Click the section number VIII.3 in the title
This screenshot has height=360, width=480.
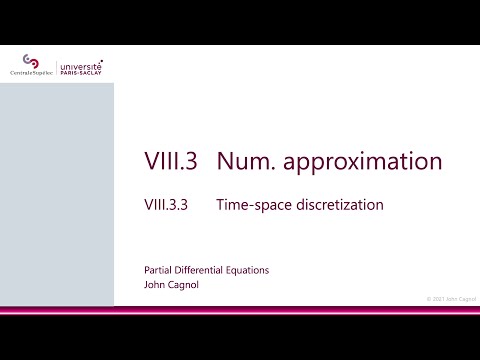[172, 162]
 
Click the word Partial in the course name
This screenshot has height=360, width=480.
[159, 270]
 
